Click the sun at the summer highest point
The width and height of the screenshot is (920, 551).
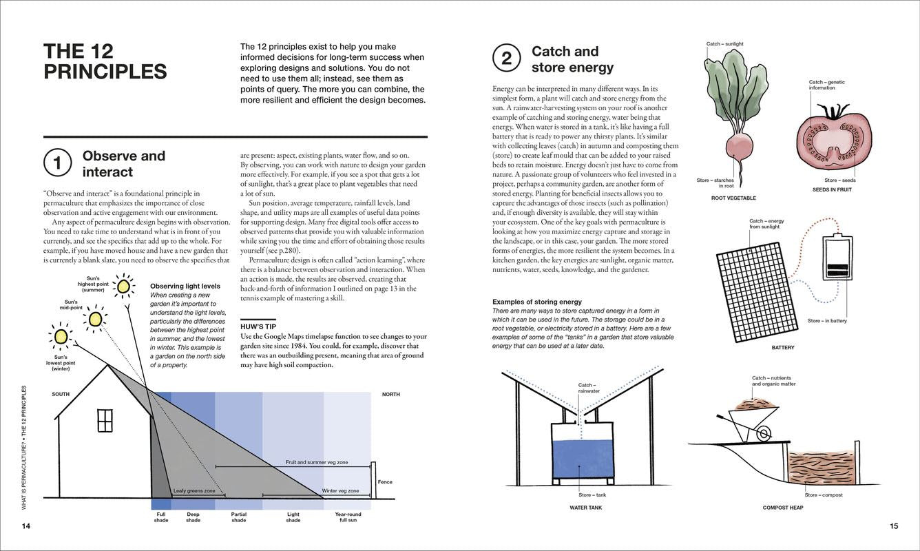click(x=124, y=286)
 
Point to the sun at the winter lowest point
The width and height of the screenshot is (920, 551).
click(x=61, y=336)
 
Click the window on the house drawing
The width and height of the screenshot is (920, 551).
click(x=105, y=420)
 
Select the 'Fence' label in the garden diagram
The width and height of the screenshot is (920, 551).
click(x=385, y=481)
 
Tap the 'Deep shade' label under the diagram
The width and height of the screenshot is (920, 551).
click(x=193, y=517)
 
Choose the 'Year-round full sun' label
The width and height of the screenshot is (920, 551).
click(x=348, y=517)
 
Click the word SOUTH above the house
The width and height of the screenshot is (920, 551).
click(x=61, y=394)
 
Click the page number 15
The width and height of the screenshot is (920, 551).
click(x=894, y=526)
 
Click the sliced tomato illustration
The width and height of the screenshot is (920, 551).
click(x=834, y=141)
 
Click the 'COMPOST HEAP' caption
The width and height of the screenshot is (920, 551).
click(x=783, y=508)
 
